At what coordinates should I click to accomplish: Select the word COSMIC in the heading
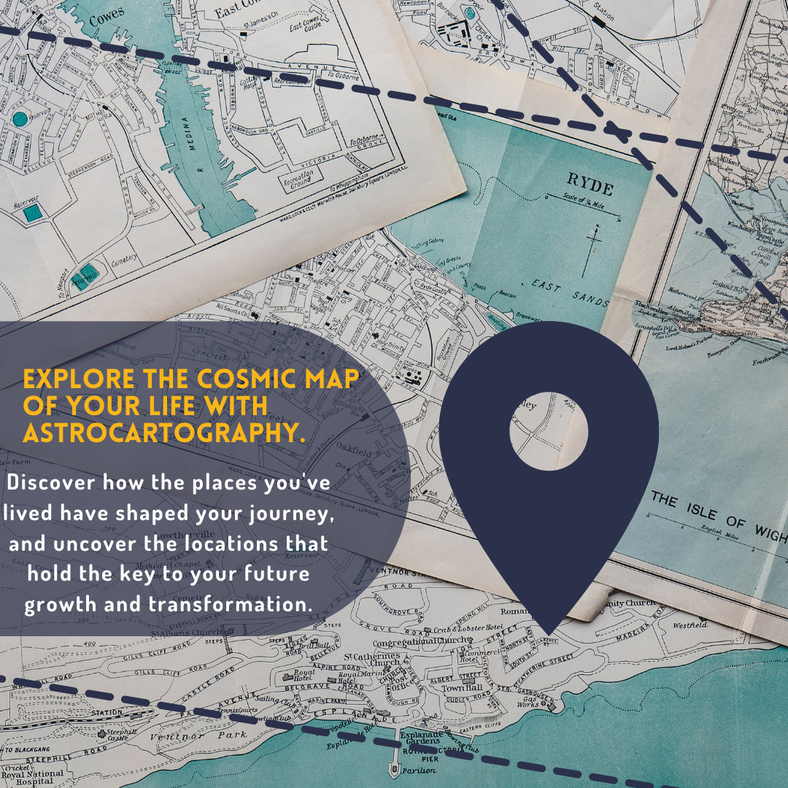click(248, 379)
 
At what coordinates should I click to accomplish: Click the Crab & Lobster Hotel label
click(464, 628)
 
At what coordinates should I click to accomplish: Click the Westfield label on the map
click(690, 625)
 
